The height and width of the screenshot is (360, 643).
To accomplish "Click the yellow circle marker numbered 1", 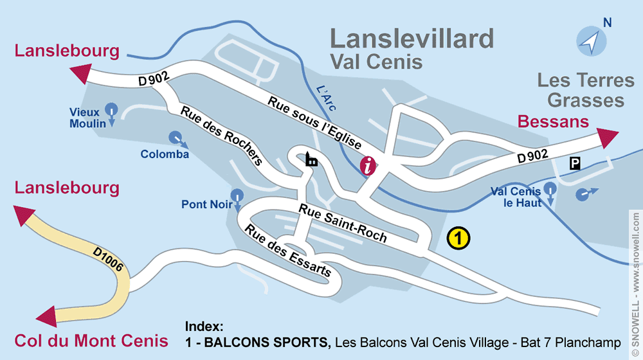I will coord(458,239).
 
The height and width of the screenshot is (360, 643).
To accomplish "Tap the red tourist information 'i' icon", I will coord(368,166).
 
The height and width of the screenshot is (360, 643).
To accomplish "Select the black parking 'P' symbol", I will coord(574,163).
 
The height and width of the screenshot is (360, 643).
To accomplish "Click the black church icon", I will coord(311,159).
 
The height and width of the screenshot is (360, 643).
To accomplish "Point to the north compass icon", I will coord(590,42).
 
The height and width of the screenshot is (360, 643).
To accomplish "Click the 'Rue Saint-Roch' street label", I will coord(342,222).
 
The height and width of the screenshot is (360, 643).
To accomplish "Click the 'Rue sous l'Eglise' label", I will coord(314,123).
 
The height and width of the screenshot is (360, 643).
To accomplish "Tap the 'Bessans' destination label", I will coord(553,122).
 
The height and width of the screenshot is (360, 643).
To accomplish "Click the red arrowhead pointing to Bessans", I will coord(606,137).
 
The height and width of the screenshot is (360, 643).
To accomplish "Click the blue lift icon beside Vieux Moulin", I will coord(111,110).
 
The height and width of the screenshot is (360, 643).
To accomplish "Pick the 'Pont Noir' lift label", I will coord(206,204).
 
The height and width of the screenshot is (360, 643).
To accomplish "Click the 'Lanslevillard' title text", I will coord(412,39).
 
